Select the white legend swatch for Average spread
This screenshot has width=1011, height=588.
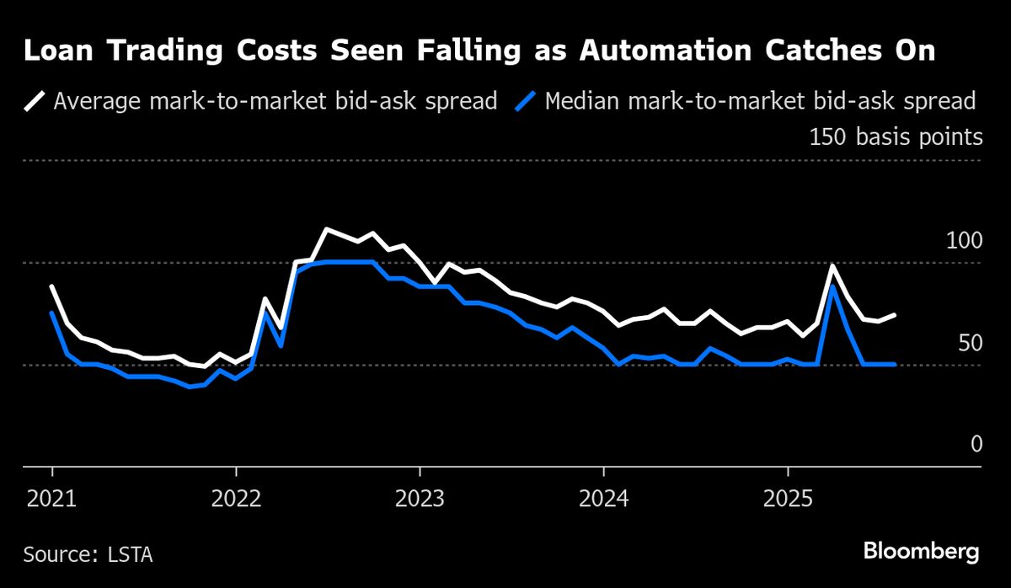(x=35, y=102)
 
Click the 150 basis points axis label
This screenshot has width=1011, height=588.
(x=896, y=136)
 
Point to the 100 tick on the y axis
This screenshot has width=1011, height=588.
(x=964, y=241)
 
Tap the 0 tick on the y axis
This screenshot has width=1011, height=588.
(x=976, y=444)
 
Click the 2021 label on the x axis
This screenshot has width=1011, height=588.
(x=52, y=499)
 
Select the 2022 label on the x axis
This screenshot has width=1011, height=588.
(x=236, y=499)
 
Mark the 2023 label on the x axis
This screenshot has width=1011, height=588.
(x=420, y=499)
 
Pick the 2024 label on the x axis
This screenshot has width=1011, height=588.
(x=603, y=499)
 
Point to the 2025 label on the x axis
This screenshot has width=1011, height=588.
(x=787, y=499)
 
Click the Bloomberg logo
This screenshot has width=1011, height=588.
(x=921, y=553)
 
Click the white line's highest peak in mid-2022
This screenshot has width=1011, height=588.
(x=327, y=229)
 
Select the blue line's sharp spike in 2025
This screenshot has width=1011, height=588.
(x=832, y=286)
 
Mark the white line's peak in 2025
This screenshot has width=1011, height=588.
(x=832, y=266)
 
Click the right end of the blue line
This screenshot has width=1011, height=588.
(x=894, y=364)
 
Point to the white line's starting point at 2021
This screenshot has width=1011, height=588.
(x=52, y=286)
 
